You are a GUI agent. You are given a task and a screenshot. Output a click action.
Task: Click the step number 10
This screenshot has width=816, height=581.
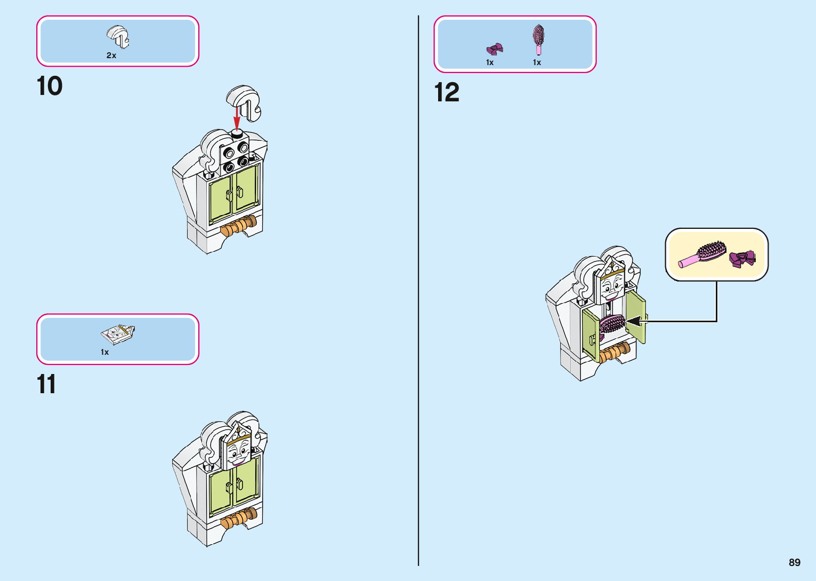[50, 86]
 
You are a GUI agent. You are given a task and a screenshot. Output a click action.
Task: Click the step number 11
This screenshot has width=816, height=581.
[46, 384]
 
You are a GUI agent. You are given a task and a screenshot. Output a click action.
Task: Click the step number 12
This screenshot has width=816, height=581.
[447, 92]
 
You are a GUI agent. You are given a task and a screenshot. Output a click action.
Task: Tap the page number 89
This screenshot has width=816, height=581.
[794, 562]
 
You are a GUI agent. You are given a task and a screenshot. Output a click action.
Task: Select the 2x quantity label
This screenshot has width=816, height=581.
[111, 55]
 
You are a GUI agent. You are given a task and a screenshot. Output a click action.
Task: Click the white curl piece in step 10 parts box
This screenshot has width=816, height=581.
[118, 36]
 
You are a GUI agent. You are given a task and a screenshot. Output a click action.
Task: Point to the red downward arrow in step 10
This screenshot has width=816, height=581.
[237, 117]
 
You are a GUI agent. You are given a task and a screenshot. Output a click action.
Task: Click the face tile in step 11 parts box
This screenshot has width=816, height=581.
[118, 334]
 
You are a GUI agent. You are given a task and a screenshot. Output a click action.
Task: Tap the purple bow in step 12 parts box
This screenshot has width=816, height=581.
[495, 49]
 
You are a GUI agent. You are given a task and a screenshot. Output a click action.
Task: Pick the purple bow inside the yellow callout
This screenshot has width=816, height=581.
[742, 258]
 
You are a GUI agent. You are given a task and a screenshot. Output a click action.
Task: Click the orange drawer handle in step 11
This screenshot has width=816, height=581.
[239, 519]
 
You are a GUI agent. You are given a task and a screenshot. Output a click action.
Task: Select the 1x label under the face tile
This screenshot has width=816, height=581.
[105, 352]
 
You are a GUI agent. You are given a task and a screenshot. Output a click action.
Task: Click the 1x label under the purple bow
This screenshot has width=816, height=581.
[490, 62]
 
